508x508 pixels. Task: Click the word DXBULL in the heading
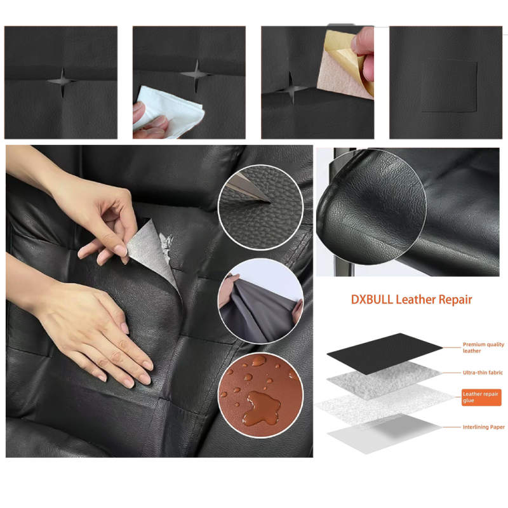point(371,300)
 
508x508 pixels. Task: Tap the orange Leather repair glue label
point(481,398)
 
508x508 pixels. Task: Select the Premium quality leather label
point(483,347)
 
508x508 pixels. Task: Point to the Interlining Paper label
point(483,427)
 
